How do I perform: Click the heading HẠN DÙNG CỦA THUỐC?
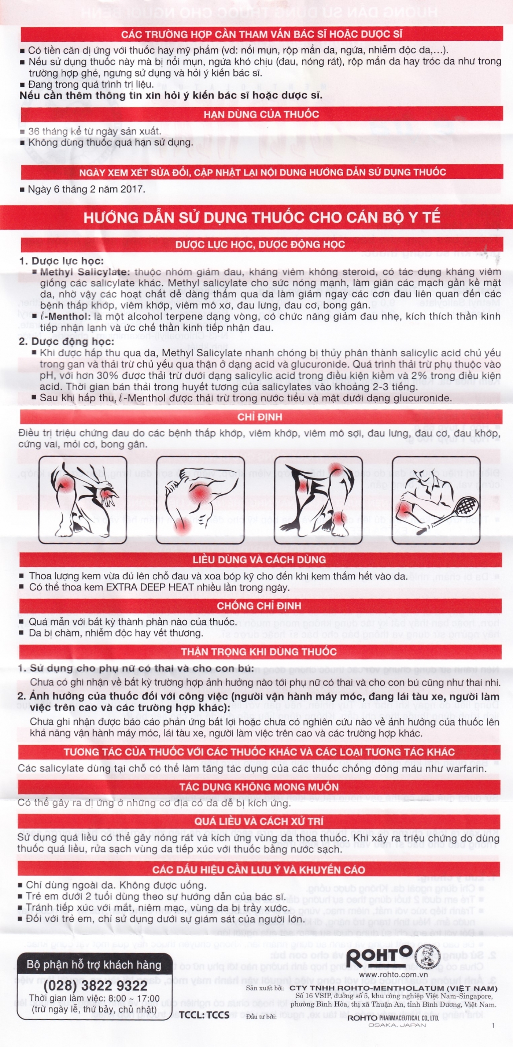click(261, 114)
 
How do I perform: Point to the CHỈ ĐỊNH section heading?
click(259, 417)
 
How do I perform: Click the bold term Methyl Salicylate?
click(85, 272)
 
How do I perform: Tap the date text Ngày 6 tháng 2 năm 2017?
click(86, 189)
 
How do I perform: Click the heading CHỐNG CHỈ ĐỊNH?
click(259, 606)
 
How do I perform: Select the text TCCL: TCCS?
click(204, 1014)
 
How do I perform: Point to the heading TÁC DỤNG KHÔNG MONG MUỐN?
click(259, 787)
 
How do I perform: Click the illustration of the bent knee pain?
click(200, 500)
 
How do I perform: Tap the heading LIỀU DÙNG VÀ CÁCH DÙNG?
click(259, 560)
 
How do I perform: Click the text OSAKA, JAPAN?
click(397, 1025)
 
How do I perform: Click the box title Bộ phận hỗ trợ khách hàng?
click(93, 965)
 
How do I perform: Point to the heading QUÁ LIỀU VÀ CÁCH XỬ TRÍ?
click(259, 821)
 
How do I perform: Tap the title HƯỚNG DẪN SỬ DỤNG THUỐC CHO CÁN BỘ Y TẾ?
click(262, 218)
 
